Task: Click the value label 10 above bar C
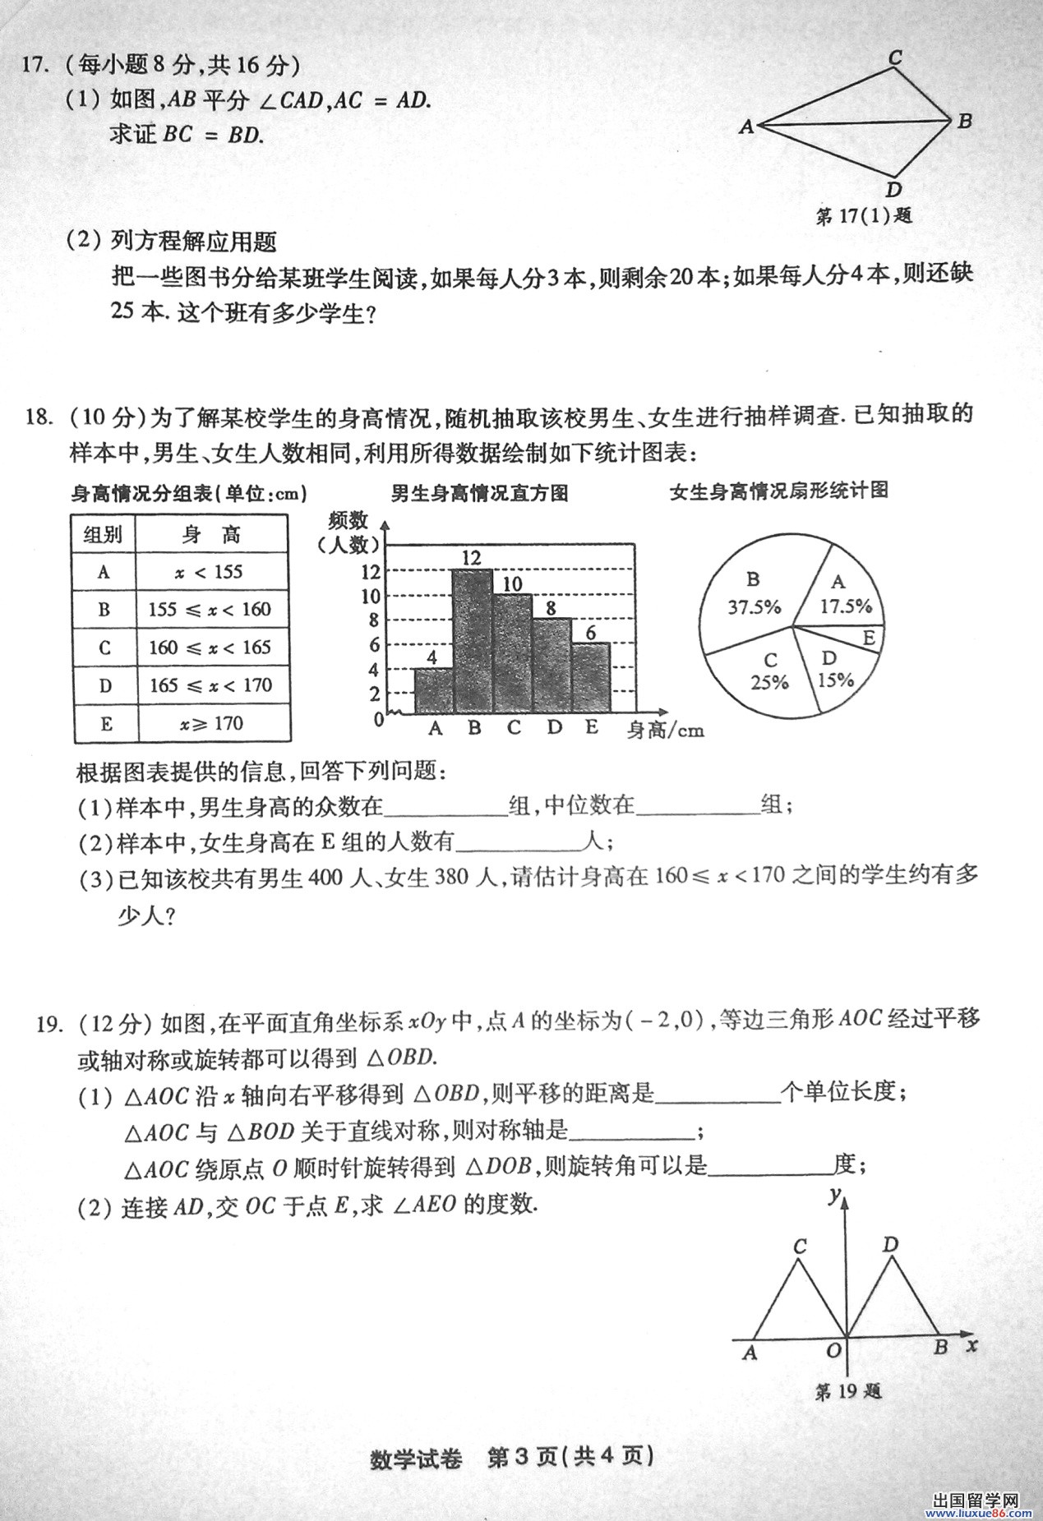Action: tap(512, 583)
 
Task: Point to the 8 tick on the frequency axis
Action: tap(374, 620)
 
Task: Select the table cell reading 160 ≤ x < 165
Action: tap(210, 648)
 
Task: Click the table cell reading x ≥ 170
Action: tap(210, 724)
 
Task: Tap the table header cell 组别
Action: tap(104, 535)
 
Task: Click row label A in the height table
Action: tap(104, 572)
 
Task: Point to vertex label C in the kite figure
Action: tap(896, 58)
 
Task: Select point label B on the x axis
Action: tap(941, 1347)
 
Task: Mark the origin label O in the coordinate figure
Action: tap(833, 1350)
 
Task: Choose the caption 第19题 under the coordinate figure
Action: tap(847, 1390)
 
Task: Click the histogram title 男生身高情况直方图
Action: tap(479, 493)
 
